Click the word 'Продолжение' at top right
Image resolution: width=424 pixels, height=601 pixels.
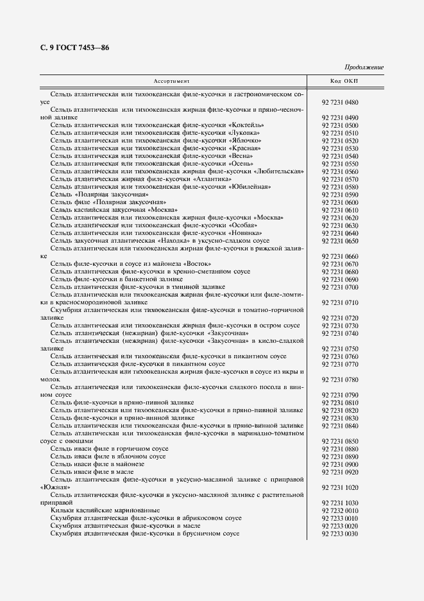(364, 67)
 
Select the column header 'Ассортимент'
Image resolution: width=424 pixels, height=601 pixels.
(171, 81)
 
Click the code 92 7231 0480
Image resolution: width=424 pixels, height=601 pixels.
(340, 102)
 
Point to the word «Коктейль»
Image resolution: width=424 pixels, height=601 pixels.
(246, 125)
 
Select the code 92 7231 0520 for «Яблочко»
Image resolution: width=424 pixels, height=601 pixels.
(340, 141)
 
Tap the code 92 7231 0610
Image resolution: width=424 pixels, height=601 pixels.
(340, 210)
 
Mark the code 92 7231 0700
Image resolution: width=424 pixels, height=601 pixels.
(340, 287)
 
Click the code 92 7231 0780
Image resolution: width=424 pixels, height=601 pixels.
(340, 379)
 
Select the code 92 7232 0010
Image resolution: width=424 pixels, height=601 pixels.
(340, 510)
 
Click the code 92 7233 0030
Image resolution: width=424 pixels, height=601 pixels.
(340, 534)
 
